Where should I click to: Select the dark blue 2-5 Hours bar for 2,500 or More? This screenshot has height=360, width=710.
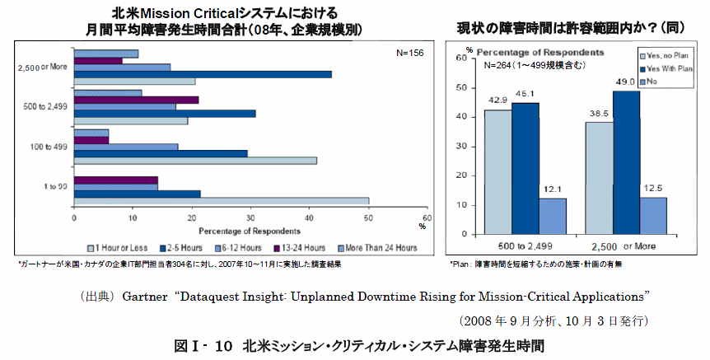tap(202, 74)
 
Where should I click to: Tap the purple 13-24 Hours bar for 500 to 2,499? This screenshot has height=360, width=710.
tap(136, 101)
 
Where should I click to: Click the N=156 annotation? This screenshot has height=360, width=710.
tap(409, 52)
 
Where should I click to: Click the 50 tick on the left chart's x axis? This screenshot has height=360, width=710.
tap(368, 217)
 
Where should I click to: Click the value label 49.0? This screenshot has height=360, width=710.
tap(625, 82)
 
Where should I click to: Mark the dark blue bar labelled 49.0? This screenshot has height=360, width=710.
tap(626, 161)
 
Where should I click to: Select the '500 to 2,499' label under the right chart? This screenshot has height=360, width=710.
tap(525, 245)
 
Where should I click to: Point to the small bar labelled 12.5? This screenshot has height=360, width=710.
tap(654, 215)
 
